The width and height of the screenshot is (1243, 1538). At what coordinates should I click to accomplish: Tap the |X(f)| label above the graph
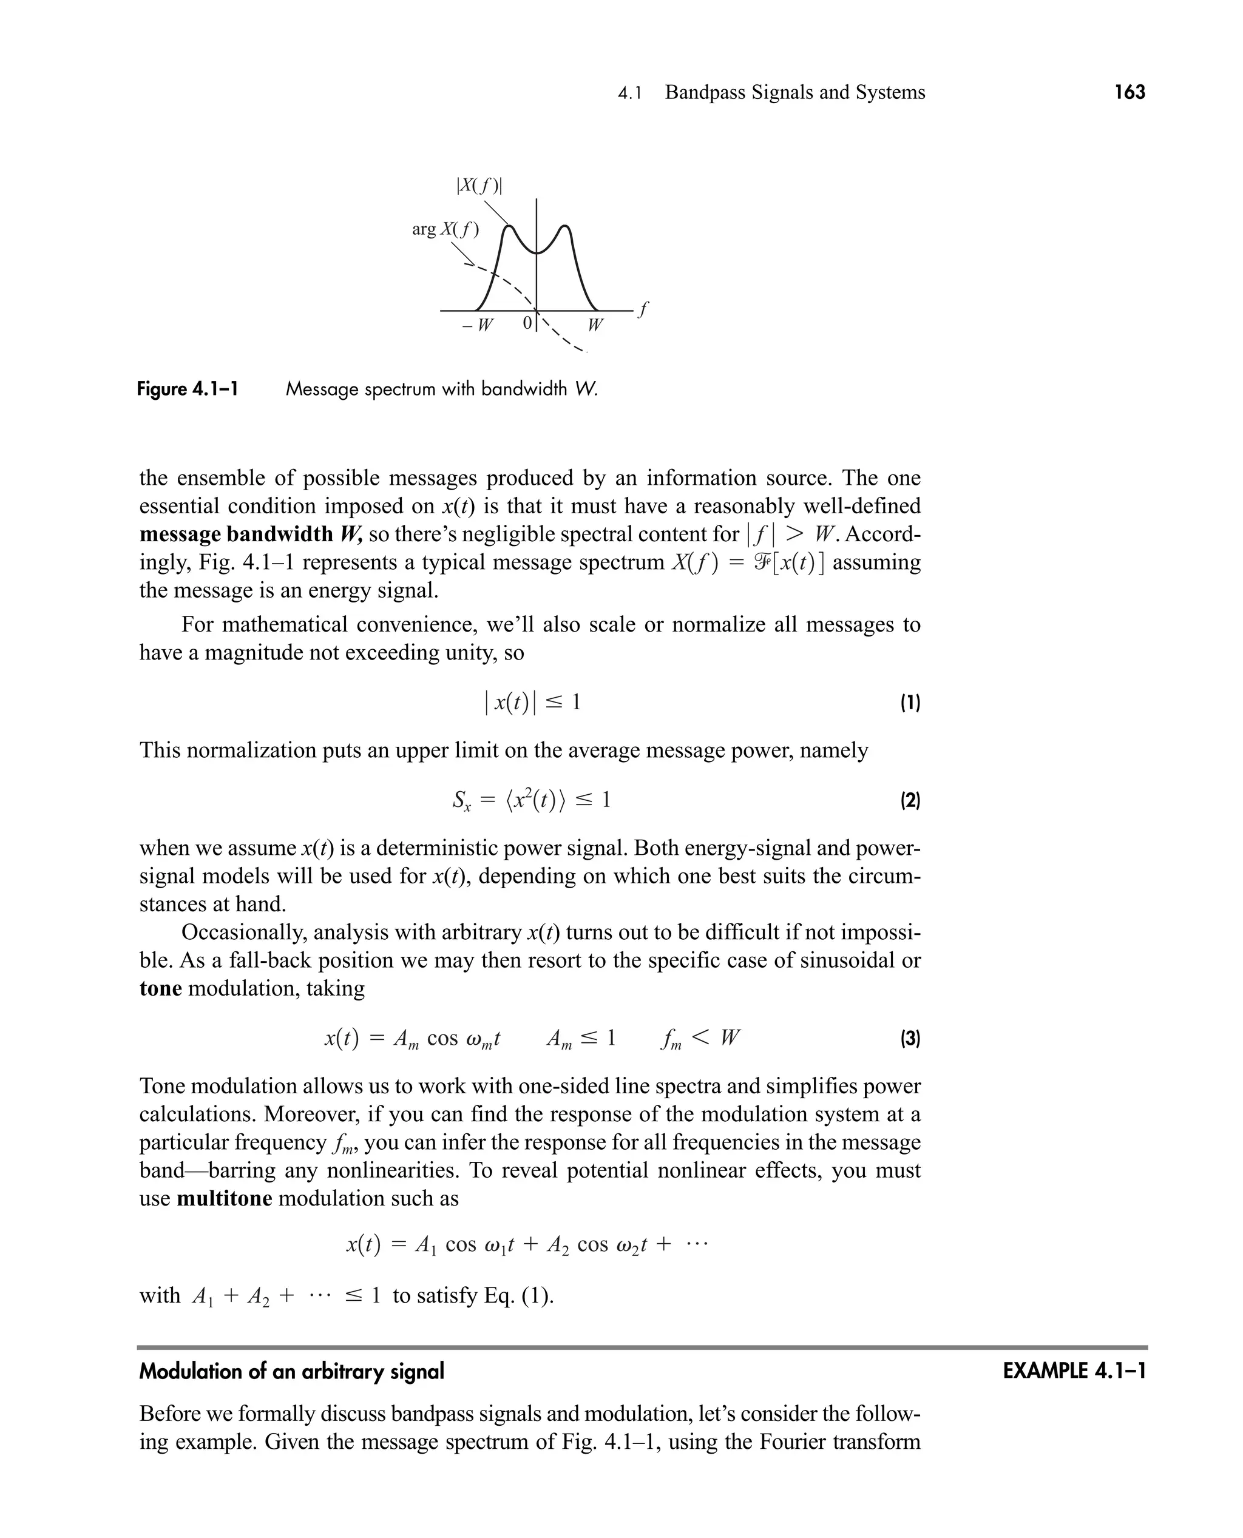pyautogui.click(x=479, y=186)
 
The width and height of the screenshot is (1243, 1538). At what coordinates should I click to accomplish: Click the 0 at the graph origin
pyautogui.click(x=527, y=323)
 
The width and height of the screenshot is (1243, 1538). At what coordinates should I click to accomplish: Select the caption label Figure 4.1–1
pyautogui.click(x=188, y=390)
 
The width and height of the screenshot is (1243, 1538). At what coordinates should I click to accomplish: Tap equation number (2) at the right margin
pyautogui.click(x=909, y=800)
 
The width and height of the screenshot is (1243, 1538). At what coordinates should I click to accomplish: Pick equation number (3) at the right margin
pyautogui.click(x=909, y=1039)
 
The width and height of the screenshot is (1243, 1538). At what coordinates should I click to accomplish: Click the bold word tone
pyautogui.click(x=160, y=988)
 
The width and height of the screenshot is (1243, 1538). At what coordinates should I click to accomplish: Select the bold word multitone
pyautogui.click(x=224, y=1198)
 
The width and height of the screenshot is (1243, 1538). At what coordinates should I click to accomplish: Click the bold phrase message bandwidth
pyautogui.click(x=236, y=535)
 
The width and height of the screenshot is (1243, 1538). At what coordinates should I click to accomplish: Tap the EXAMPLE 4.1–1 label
pyautogui.click(x=1074, y=1371)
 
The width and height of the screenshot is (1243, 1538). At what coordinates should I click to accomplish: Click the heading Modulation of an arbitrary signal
pyautogui.click(x=291, y=1371)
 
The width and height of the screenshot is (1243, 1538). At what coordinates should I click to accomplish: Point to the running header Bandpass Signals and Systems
pyautogui.click(x=794, y=92)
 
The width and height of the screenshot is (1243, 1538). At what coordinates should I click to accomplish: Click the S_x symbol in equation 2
pyautogui.click(x=461, y=801)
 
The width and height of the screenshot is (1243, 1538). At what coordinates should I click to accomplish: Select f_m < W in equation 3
pyautogui.click(x=700, y=1039)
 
